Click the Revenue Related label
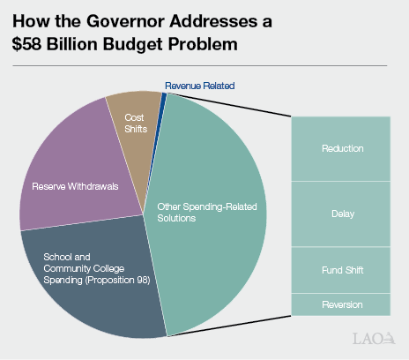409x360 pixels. pos(200,86)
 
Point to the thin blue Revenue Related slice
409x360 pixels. pos(163,96)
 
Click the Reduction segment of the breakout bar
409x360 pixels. pos(343,148)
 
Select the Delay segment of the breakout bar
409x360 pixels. pos(343,214)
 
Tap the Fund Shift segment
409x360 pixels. pos(343,269)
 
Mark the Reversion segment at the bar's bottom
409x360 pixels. pos(343,304)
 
